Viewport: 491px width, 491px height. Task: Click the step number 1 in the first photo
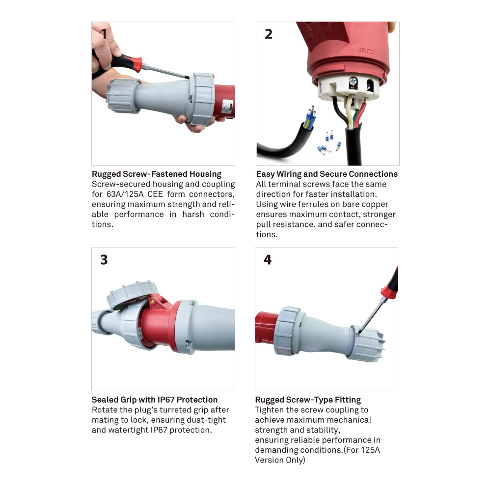pos(104,34)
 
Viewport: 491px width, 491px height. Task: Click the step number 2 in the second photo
pos(268,34)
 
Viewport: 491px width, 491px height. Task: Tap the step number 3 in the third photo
pos(104,260)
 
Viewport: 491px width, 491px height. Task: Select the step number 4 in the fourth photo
pos(268,259)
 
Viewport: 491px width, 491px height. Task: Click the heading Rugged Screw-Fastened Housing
pos(157,174)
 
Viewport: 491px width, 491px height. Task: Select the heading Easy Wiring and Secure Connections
pos(327,174)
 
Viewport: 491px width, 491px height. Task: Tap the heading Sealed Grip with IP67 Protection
pos(155,400)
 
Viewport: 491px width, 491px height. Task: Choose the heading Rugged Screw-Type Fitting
pos(308,400)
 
